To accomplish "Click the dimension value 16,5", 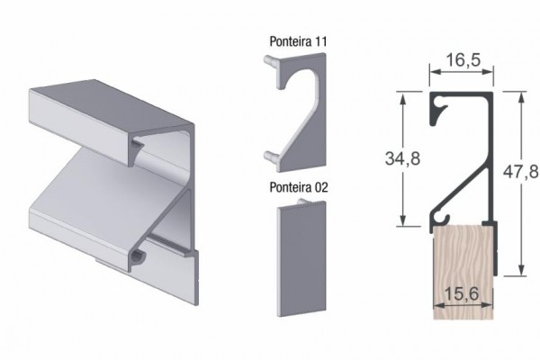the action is pyautogui.click(x=463, y=60).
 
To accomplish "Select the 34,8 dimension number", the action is pyautogui.click(x=402, y=158).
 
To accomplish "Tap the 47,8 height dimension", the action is pyautogui.click(x=521, y=171).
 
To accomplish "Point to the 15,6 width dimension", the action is pyautogui.click(x=462, y=294).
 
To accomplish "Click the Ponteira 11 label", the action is pyautogui.click(x=298, y=41).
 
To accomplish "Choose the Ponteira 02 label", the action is pyautogui.click(x=299, y=187).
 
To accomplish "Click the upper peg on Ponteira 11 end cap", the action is pyautogui.click(x=271, y=60).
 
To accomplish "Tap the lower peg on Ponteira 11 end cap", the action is pyautogui.click(x=271, y=156).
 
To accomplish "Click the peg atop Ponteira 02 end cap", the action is pyautogui.click(x=302, y=202).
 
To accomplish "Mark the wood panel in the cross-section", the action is pyautogui.click(x=463, y=272).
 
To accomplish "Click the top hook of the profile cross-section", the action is pyautogui.click(x=438, y=110).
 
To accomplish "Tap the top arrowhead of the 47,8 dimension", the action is pyautogui.click(x=521, y=97).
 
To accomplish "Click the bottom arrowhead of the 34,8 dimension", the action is pyautogui.click(x=403, y=220).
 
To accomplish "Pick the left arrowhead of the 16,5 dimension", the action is pyautogui.click(x=436, y=72).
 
